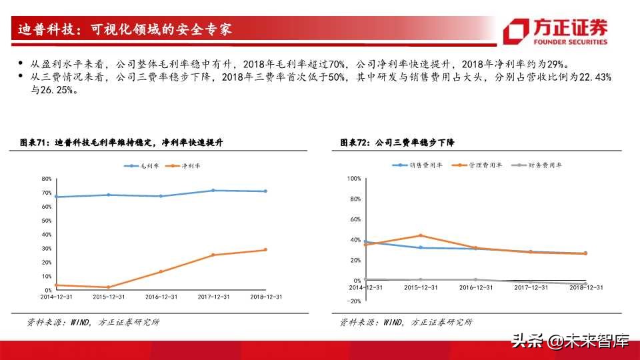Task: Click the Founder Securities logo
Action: tap(557, 31)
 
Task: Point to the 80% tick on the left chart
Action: tap(47, 179)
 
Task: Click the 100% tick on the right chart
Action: tap(354, 179)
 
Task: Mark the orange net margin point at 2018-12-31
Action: tap(265, 250)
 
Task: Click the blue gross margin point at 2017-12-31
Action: tap(213, 191)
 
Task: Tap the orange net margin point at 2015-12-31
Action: tap(108, 287)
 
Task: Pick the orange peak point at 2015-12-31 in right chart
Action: tap(421, 235)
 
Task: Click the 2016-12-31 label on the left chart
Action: tap(160, 297)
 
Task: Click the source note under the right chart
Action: tap(406, 322)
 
